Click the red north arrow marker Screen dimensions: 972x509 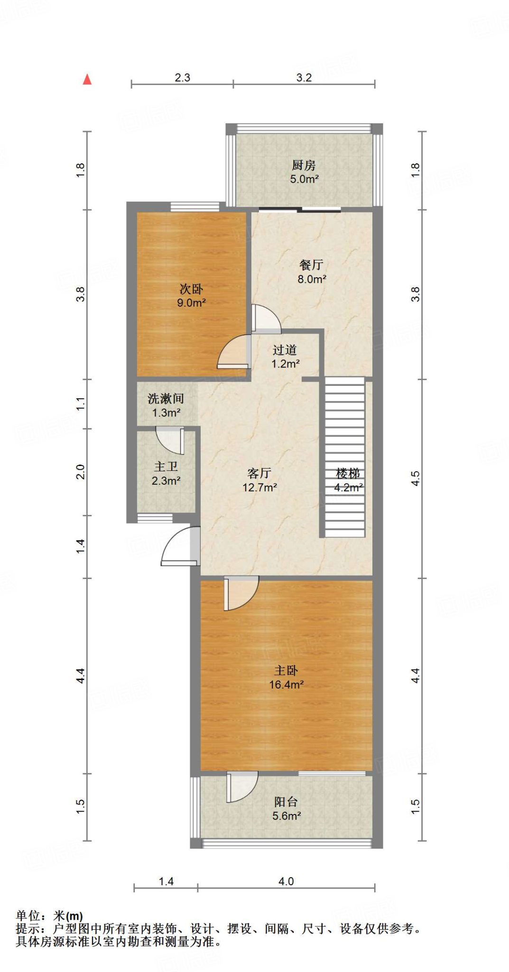coord(87,80)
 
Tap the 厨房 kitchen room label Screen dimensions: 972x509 coord(304,165)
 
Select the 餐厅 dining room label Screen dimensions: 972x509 coord(311,265)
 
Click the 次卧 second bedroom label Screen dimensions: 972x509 coord(191,289)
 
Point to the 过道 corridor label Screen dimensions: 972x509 coord(285,350)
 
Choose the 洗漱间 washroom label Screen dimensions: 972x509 coord(166,399)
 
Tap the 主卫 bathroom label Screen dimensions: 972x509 coord(166,467)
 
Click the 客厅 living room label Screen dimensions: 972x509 coord(259,473)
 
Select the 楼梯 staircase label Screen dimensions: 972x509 coord(348,473)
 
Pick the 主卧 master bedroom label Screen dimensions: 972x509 coord(286,671)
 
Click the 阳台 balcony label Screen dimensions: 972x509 coord(286,802)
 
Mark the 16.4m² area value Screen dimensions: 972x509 coord(286,685)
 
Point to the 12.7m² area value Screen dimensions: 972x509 coord(259,487)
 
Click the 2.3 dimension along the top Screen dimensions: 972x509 coord(182,78)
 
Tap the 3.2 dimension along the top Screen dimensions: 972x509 coord(304,78)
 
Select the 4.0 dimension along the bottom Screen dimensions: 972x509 coord(286,882)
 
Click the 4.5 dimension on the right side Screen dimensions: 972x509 coord(416,478)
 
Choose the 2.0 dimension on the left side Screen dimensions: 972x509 coord(81,472)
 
